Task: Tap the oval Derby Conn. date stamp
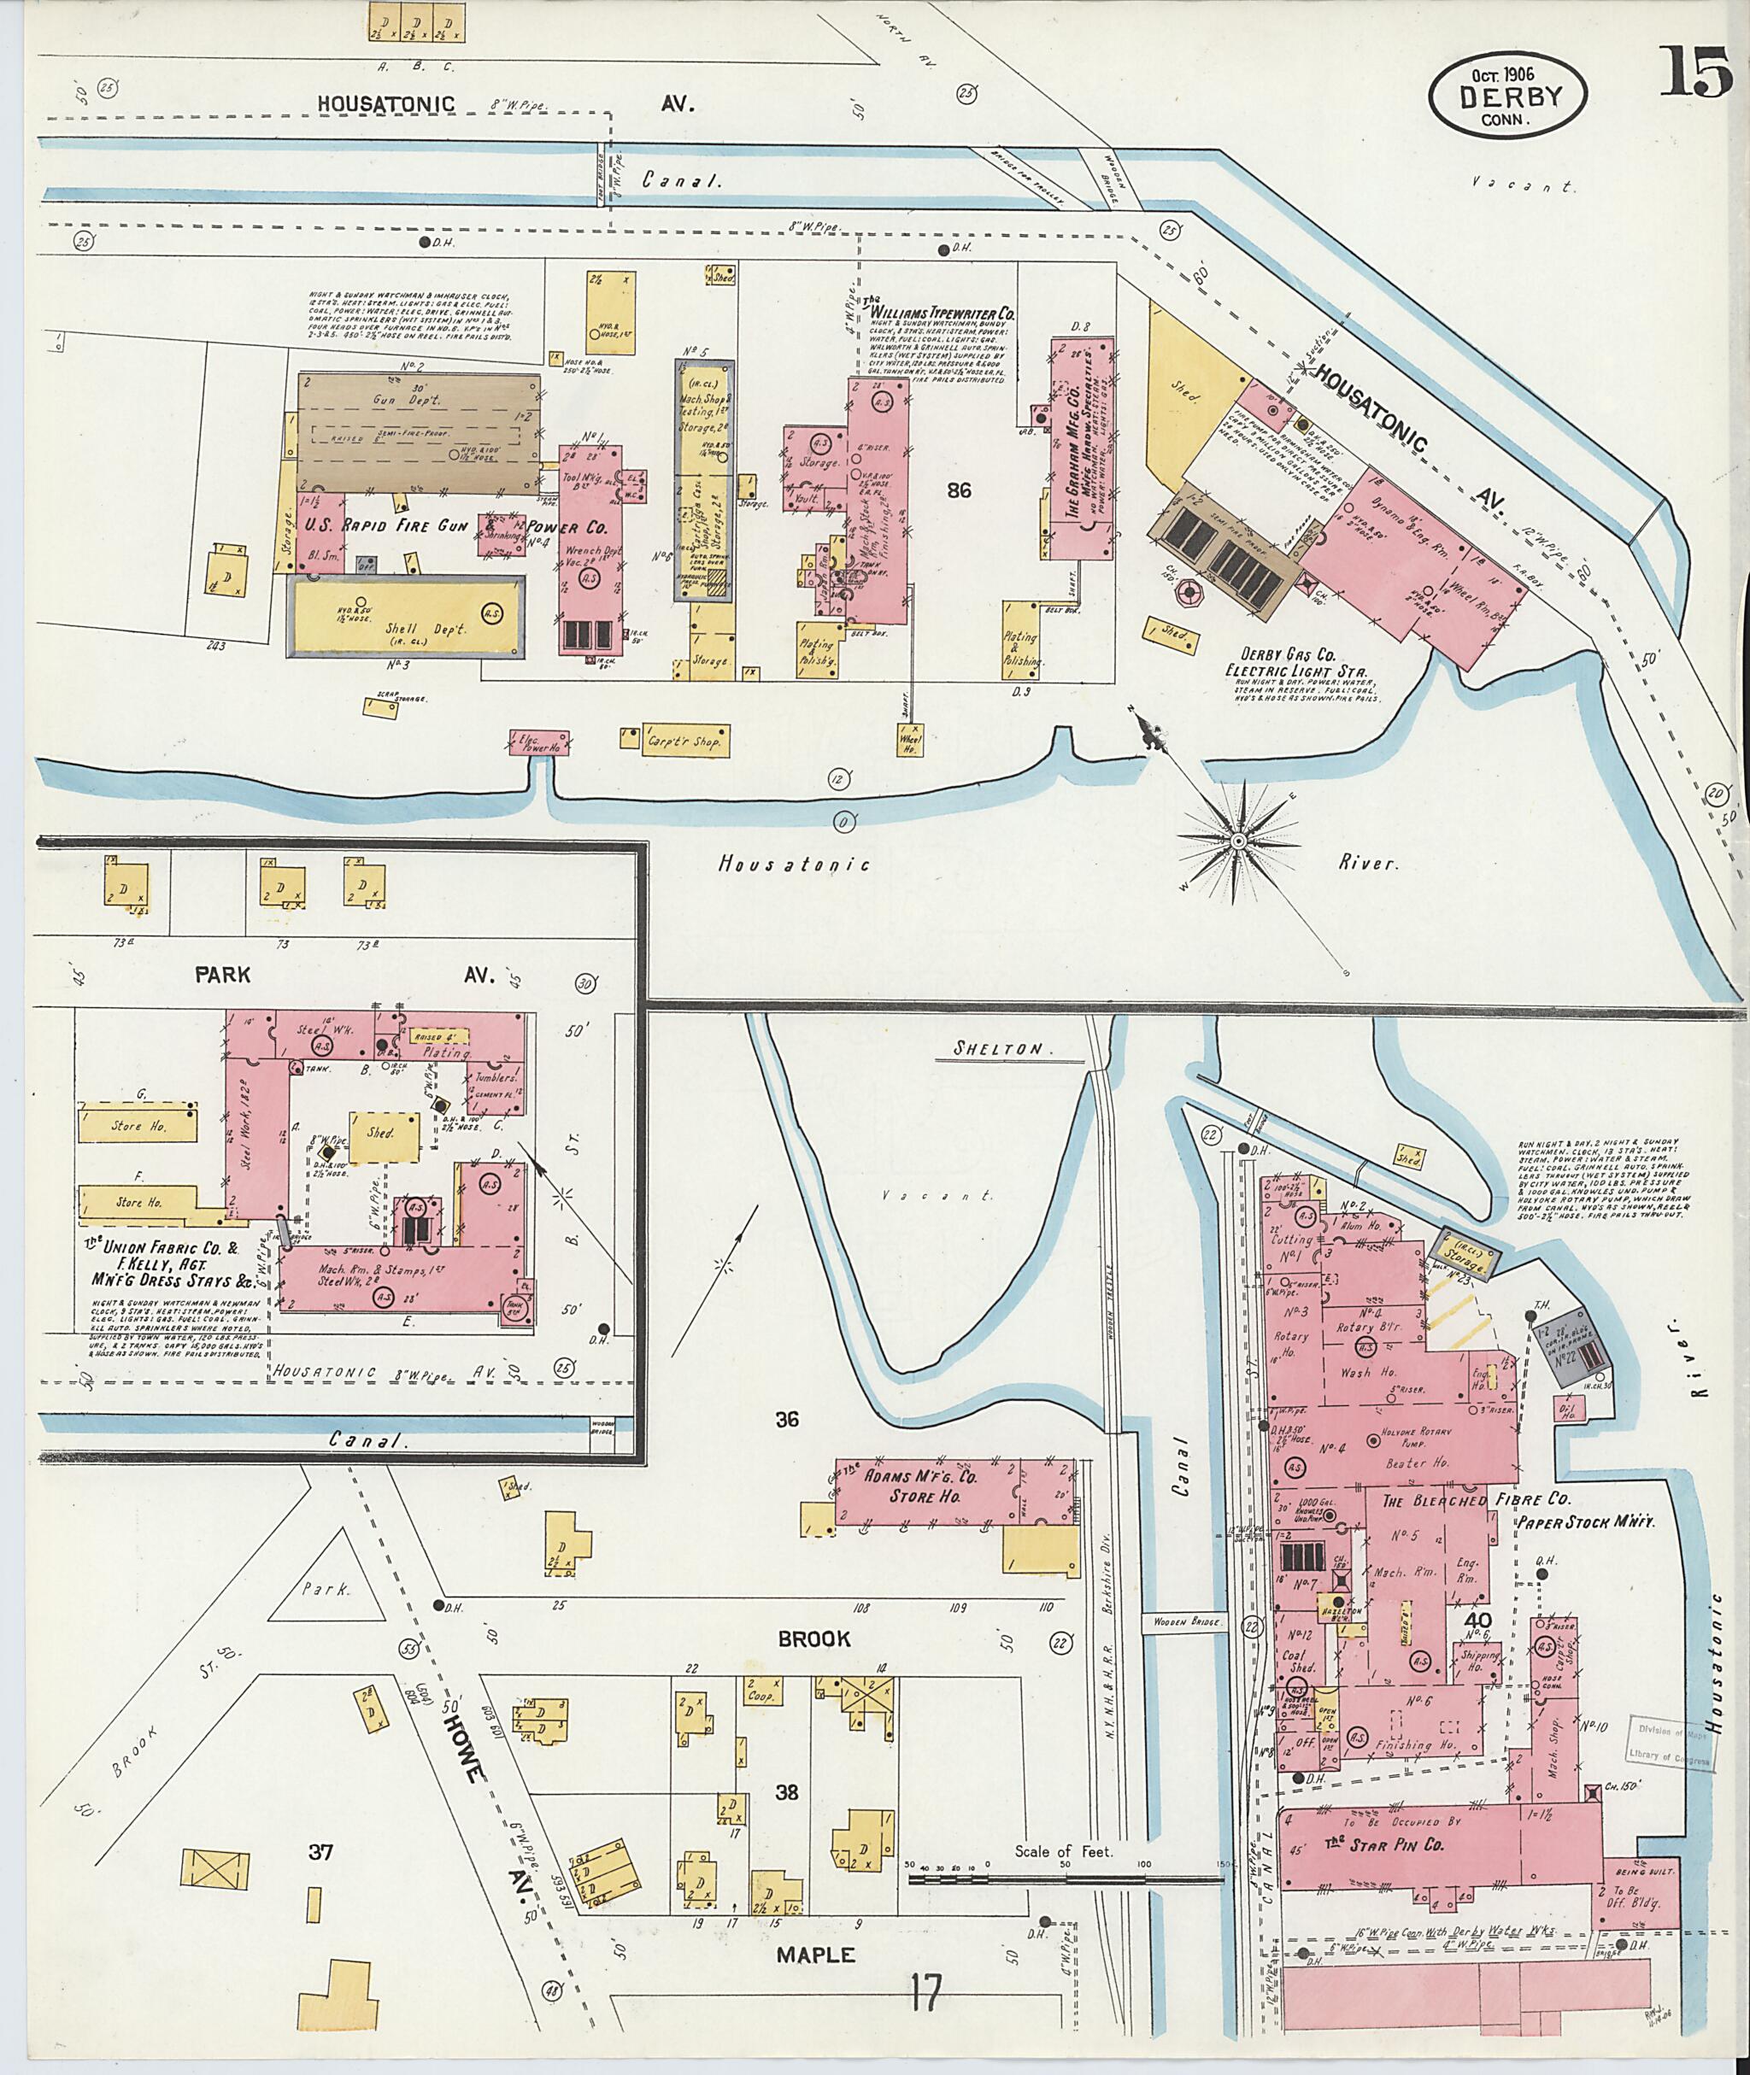[1508, 97]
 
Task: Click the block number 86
[959, 490]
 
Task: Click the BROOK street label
[813, 1638]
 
